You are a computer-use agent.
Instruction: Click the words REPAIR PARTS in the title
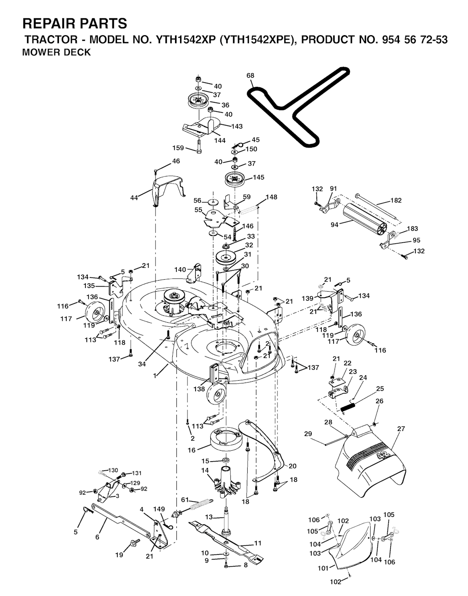coord(74,23)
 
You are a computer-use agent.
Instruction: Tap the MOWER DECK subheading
coord(56,52)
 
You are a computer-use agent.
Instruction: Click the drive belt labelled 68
coord(299,106)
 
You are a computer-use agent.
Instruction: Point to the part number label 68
coord(250,75)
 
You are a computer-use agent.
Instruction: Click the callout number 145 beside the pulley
coord(258,177)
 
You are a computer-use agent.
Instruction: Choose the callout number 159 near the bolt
coord(178,148)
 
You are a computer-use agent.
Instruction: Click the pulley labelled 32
coord(226,257)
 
